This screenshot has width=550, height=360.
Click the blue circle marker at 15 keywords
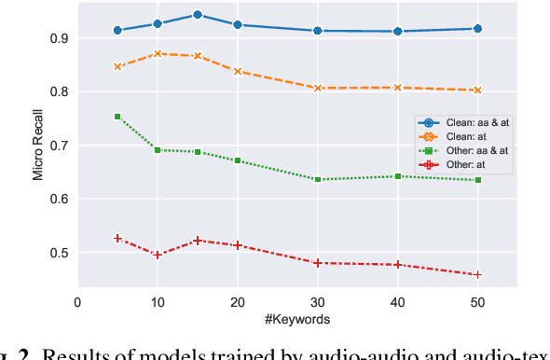point(198,15)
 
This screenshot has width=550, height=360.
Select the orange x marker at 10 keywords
point(158,53)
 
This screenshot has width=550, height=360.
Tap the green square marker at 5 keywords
point(117,117)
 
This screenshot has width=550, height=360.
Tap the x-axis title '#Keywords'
point(296,319)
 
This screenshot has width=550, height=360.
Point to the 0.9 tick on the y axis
point(60,39)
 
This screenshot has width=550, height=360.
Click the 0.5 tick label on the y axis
point(60,254)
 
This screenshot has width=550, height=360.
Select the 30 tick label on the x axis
point(318,302)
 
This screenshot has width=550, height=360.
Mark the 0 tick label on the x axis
point(77,302)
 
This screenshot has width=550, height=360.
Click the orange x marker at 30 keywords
point(318,88)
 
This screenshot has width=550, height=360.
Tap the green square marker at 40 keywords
point(398,176)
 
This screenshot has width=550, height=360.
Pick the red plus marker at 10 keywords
point(158,255)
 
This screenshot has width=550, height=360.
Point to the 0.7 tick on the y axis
point(60,146)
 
